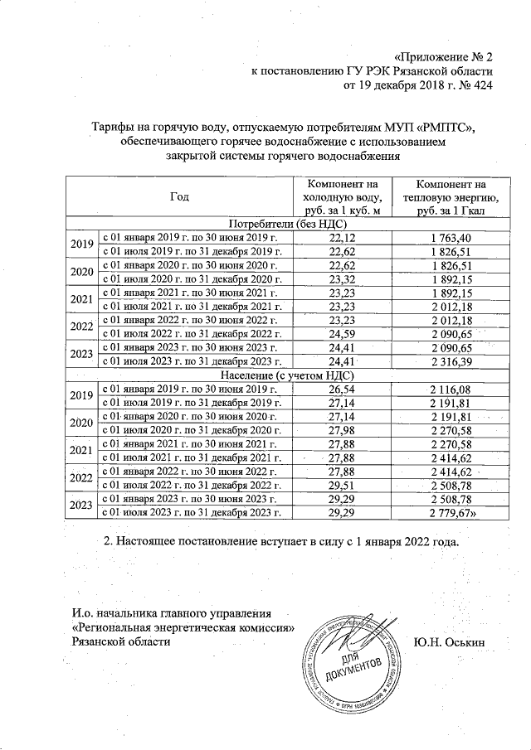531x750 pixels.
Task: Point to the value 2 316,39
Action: [452, 361]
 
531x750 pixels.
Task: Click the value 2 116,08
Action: [452, 389]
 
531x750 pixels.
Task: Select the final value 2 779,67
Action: [454, 515]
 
